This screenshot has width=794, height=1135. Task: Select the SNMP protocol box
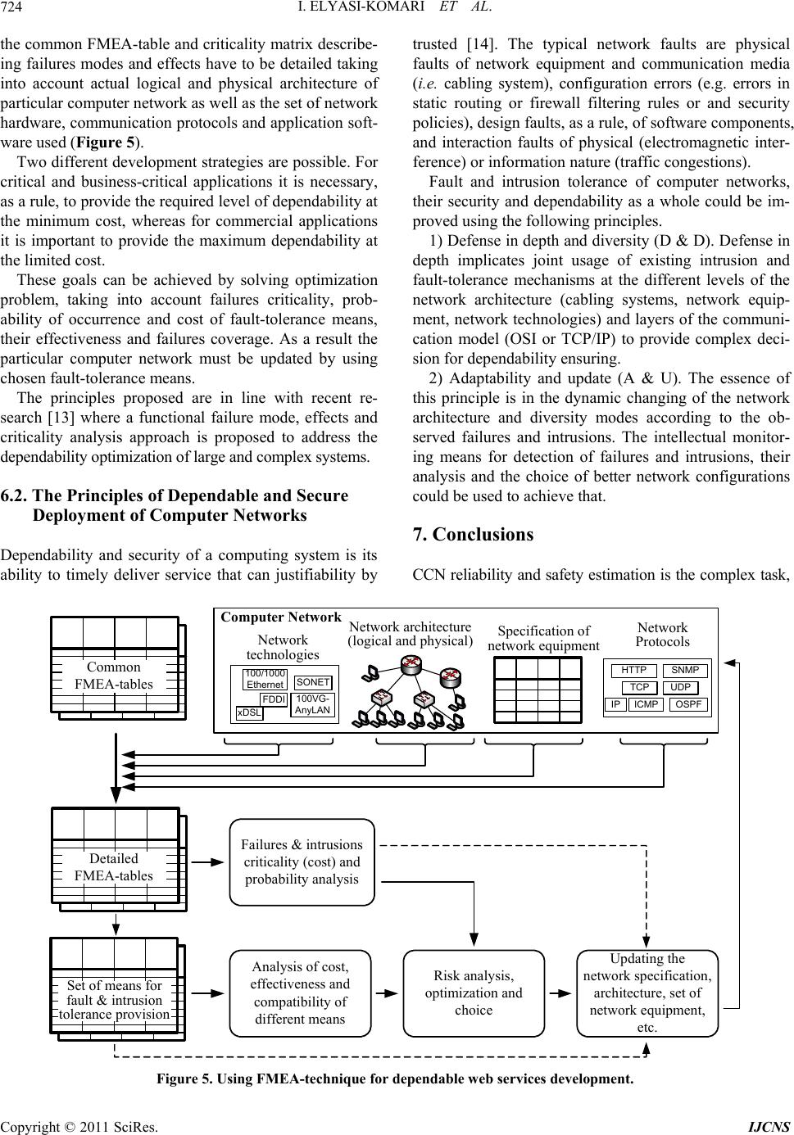[x=685, y=671]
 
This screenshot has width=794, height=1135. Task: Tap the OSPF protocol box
[x=688, y=704]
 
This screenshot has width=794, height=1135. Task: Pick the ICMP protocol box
[x=647, y=704]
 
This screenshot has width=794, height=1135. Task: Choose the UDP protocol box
[x=680, y=687]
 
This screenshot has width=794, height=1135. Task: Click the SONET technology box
[x=313, y=681]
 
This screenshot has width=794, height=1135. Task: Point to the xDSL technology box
[x=249, y=712]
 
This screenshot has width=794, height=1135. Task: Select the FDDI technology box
[x=274, y=699]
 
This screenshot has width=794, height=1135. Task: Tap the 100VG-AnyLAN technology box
[x=312, y=704]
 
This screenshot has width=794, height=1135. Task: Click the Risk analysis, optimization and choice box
[x=474, y=993]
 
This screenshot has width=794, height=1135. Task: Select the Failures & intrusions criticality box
[x=302, y=861]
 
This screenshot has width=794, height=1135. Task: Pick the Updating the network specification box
[x=647, y=993]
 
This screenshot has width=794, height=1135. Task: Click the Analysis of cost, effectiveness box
[x=300, y=993]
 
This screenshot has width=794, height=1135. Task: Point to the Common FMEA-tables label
[x=114, y=675]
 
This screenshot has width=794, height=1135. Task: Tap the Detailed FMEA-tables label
[x=114, y=866]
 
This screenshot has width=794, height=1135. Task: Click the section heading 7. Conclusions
[x=474, y=535]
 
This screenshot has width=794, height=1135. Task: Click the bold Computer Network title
[x=281, y=617]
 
